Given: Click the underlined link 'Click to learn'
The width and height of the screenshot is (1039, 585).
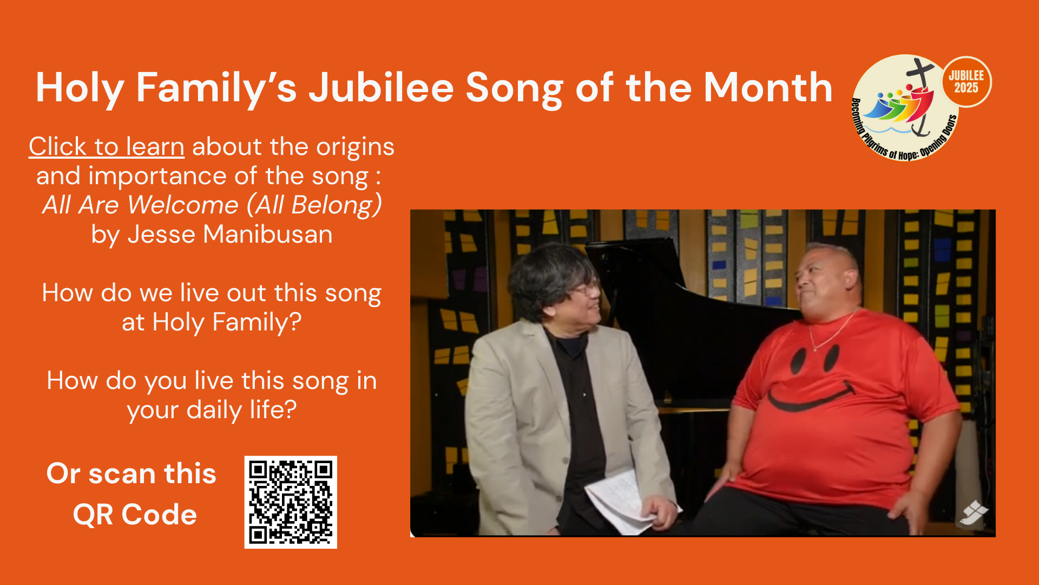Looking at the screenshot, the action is [107, 147].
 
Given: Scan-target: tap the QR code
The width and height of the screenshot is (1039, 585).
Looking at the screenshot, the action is [291, 502].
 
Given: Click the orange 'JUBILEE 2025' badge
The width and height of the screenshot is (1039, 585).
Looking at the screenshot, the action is [966, 82].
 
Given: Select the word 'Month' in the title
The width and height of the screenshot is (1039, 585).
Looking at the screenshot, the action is [768, 88].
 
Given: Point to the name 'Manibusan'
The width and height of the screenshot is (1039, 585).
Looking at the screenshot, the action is [268, 235].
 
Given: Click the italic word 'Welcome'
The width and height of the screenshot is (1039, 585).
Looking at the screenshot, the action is [183, 205].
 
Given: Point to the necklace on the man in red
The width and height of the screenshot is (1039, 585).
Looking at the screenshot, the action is [831, 330].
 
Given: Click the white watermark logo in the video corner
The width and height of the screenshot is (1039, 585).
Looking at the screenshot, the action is [974, 512].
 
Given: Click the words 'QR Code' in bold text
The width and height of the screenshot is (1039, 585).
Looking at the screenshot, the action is [135, 515].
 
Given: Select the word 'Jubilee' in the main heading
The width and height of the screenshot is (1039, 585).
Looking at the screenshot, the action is [381, 88].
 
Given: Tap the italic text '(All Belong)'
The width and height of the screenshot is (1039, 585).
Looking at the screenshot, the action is [314, 205].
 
